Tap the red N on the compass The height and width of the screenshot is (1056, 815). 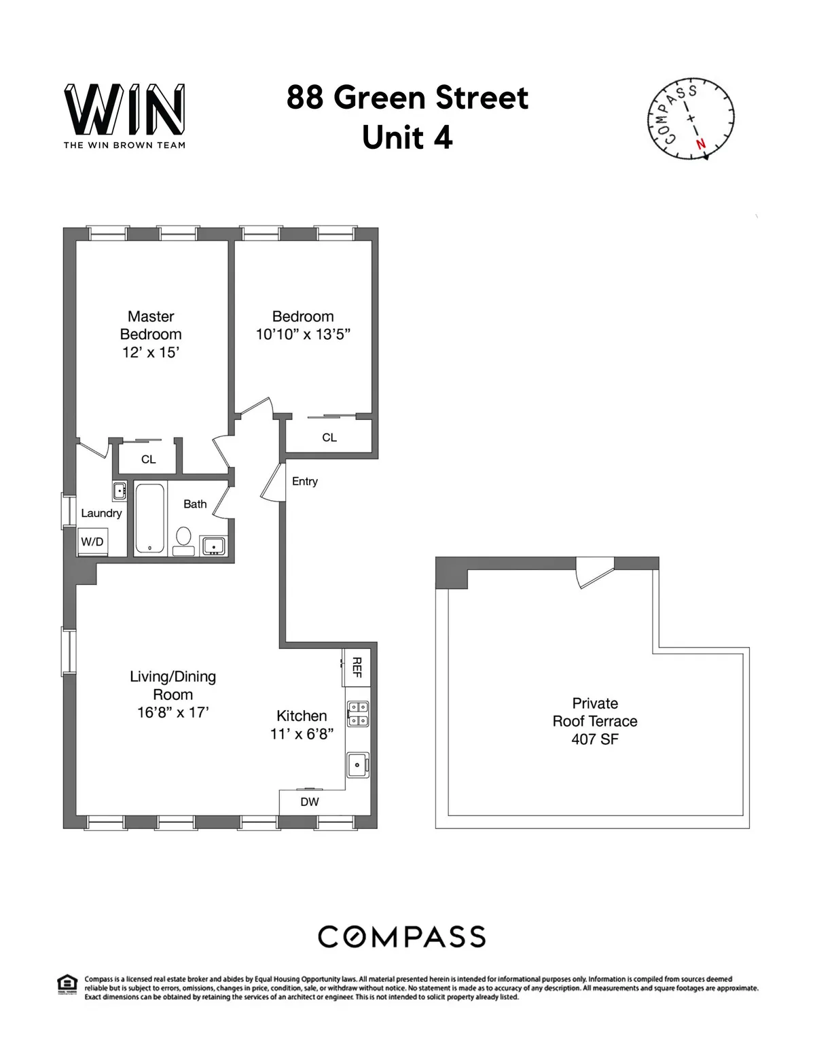click(x=701, y=144)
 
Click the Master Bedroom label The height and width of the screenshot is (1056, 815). click(x=151, y=325)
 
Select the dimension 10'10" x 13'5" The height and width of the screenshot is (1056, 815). click(x=303, y=334)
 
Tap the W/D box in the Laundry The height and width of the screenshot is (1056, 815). click(x=92, y=542)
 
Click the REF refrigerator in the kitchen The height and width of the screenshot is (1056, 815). click(x=357, y=667)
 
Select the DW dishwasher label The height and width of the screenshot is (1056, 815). click(x=310, y=802)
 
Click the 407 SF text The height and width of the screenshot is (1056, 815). click(x=595, y=739)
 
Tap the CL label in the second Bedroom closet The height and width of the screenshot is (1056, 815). click(x=329, y=438)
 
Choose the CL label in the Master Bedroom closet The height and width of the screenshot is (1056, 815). click(x=148, y=459)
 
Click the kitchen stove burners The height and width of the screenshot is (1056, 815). click(x=357, y=714)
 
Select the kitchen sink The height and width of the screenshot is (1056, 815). click(x=357, y=764)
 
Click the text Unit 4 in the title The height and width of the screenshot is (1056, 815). click(x=407, y=138)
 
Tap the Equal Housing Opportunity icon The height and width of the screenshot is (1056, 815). click(x=67, y=984)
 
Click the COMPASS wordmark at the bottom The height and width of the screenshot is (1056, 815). click(x=402, y=936)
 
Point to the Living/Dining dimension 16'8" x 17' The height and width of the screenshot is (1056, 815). click(x=173, y=712)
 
